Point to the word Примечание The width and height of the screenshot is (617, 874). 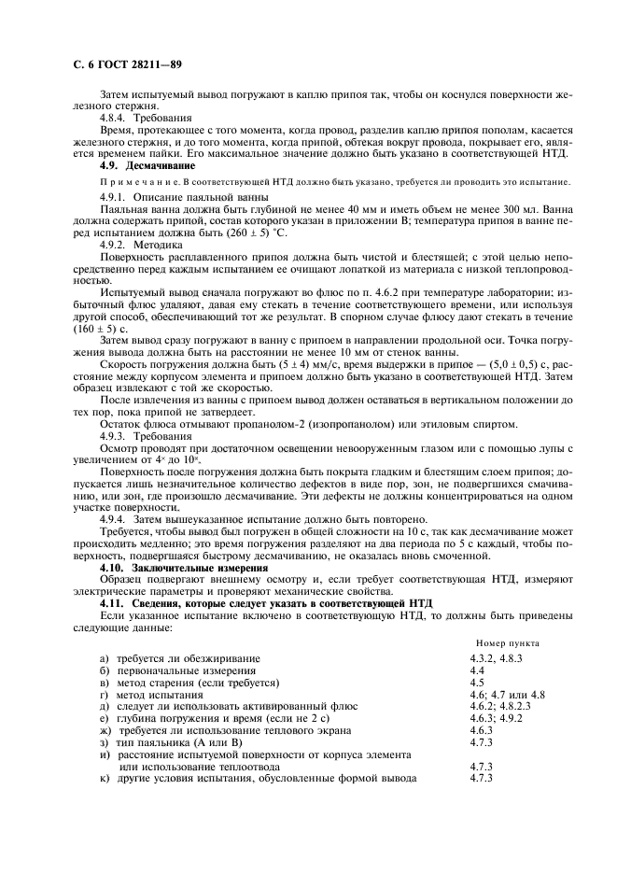130,182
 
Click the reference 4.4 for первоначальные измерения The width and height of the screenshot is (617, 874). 478,671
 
